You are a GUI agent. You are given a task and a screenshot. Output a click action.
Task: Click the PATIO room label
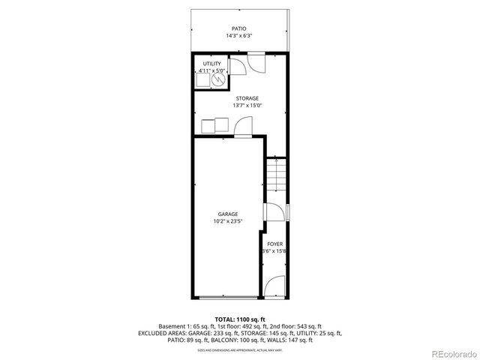pyautogui.click(x=239, y=28)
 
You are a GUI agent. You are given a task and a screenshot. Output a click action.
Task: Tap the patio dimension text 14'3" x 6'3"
pyautogui.click(x=239, y=36)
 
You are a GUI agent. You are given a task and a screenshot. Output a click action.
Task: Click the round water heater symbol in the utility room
pyautogui.click(x=220, y=78)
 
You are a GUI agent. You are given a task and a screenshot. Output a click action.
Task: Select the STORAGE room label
pyautogui.click(x=247, y=98)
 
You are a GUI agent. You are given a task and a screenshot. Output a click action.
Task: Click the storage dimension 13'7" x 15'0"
pyautogui.click(x=247, y=106)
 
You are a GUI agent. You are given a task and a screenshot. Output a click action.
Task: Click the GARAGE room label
pyautogui.click(x=228, y=214)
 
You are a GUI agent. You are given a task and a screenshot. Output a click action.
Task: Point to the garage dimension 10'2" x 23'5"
pyautogui.click(x=228, y=221)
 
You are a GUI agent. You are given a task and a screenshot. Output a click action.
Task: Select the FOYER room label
pyautogui.click(x=275, y=244)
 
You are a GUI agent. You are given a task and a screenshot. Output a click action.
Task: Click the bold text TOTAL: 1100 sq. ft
pyautogui.click(x=239, y=319)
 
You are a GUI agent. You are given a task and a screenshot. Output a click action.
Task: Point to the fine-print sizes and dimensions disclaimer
pyautogui.click(x=239, y=349)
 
